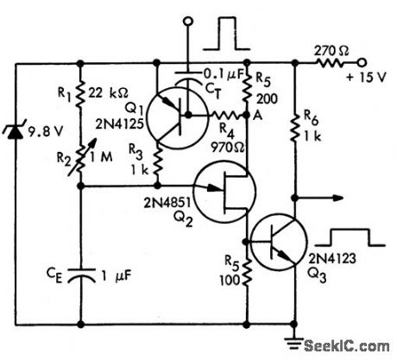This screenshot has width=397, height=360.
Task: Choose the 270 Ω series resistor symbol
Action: pyautogui.click(x=332, y=62)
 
